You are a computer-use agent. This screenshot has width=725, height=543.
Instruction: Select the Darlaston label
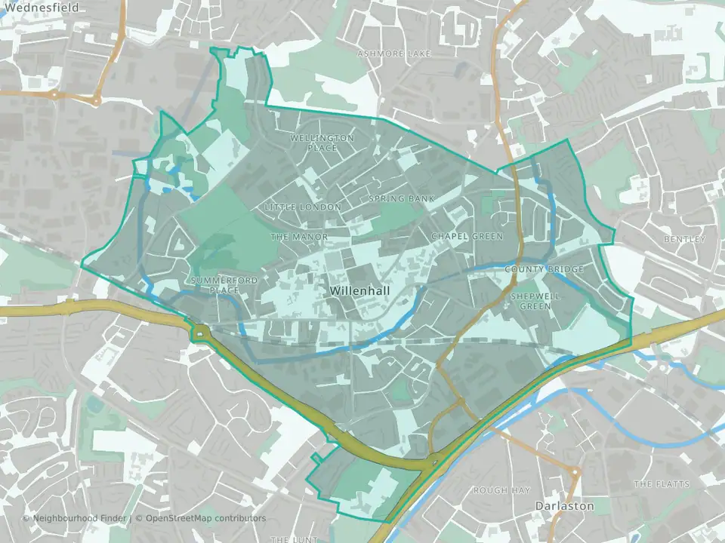564,506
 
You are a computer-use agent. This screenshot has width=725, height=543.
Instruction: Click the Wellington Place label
322,143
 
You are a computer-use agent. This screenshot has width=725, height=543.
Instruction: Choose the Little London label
303,207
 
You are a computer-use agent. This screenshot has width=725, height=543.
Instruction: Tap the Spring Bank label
402,198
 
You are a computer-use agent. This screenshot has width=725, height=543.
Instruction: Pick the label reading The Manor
299,237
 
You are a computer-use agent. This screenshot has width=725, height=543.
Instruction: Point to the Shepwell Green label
535,302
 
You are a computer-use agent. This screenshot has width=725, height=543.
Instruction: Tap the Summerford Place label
214,285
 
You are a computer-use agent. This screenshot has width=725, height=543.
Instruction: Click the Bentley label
684,239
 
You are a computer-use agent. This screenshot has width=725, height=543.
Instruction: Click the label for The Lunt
291,539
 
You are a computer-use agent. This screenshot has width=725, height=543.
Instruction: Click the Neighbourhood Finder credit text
76,518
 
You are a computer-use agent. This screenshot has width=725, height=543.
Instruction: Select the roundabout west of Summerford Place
200,333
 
